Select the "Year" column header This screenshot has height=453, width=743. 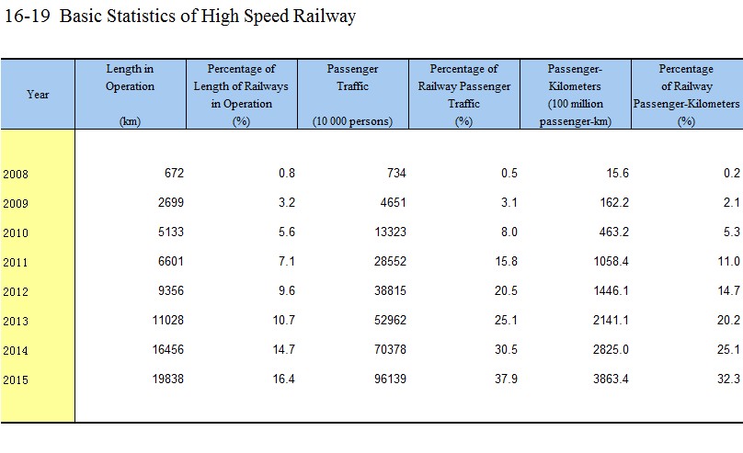click(x=38, y=95)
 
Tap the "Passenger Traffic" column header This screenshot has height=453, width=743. click(x=352, y=78)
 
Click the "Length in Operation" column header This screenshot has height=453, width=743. click(x=130, y=78)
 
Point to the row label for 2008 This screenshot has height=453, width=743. click(x=16, y=174)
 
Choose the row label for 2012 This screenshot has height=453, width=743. click(x=16, y=291)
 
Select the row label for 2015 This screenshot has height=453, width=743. click(x=16, y=379)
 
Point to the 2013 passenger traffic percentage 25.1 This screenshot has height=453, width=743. click(x=505, y=320)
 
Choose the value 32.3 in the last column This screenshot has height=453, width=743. click(x=729, y=379)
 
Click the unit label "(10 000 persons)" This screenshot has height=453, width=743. click(x=352, y=121)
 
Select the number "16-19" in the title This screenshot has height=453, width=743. click(x=28, y=17)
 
